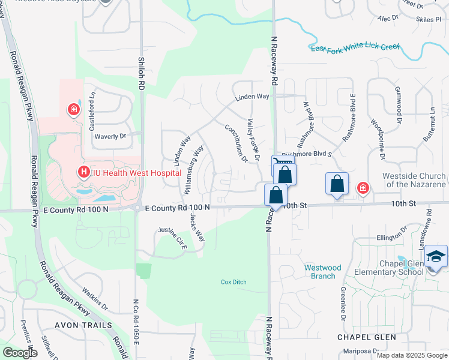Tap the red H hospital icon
point(85,173)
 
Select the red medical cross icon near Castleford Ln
point(73,110)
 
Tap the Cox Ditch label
point(234,281)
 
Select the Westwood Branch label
point(322,272)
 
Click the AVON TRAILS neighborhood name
point(83,325)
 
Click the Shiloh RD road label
point(142,74)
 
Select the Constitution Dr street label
point(237,143)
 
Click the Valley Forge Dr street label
point(252,139)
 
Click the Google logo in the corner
point(20,353)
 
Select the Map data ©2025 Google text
point(412,355)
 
